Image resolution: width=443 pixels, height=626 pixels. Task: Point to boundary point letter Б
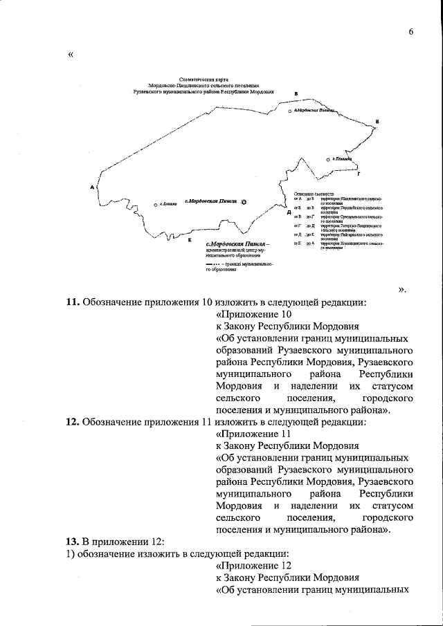coord(296,93)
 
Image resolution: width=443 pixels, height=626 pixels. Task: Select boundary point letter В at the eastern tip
coord(377,122)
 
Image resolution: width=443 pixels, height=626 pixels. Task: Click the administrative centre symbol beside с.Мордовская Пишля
coord(243,201)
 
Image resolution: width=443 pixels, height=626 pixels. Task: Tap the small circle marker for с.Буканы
coord(156,205)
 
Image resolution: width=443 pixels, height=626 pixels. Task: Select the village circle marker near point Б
coord(289,111)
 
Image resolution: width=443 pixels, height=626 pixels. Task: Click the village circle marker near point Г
coord(328,160)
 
